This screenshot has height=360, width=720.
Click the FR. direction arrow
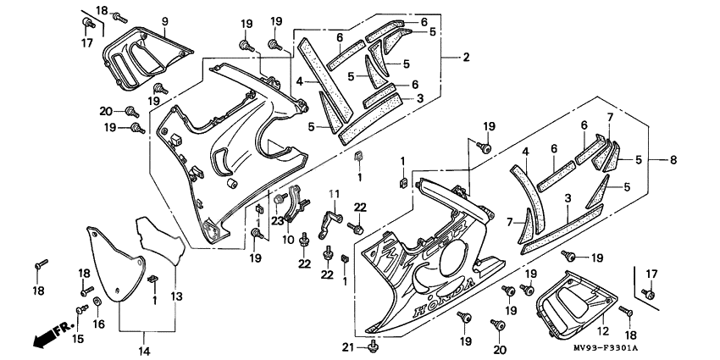coord(47,336)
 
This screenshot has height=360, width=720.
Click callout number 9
coord(164,20)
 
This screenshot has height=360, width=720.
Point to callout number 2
coord(466,57)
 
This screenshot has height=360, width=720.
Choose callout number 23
coord(276,222)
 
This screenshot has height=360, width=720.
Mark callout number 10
coord(299,240)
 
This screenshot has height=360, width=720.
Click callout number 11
coord(334,194)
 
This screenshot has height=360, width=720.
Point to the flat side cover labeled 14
coord(114,263)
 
